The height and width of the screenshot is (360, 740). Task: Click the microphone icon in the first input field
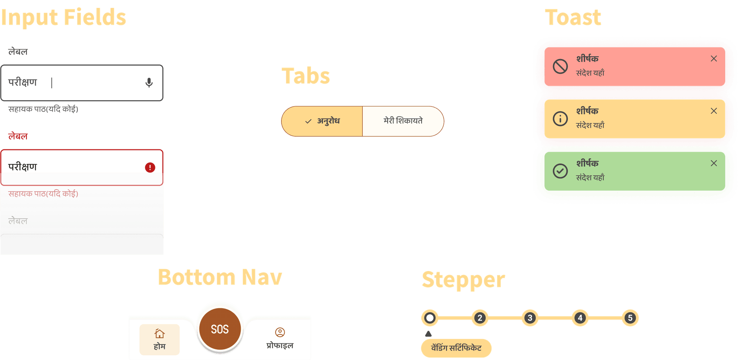tap(149, 83)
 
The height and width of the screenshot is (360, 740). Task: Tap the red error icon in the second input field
tap(150, 167)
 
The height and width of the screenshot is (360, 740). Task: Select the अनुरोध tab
tap(322, 121)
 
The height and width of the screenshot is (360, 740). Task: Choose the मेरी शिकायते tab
tap(403, 121)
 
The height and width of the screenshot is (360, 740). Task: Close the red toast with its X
tap(714, 59)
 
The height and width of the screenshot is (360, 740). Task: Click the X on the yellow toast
tap(714, 111)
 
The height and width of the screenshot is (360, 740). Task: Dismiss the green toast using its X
tap(714, 163)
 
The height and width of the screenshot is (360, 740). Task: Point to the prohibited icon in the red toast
tap(560, 67)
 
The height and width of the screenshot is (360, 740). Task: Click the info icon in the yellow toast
tap(560, 119)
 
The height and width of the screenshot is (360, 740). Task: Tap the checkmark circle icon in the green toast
tap(560, 171)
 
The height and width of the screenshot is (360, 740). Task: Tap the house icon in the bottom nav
tap(159, 333)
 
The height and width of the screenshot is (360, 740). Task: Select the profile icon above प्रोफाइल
tap(280, 332)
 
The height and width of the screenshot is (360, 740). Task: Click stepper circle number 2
tap(480, 318)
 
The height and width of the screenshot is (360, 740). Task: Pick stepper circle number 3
tap(530, 318)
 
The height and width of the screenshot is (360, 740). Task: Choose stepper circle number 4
tap(580, 318)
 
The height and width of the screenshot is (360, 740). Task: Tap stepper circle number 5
tap(630, 318)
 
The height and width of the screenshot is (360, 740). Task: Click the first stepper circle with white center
tap(430, 318)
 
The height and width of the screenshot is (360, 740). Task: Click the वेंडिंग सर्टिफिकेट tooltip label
tap(456, 348)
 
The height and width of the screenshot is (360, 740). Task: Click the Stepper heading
tap(463, 280)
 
